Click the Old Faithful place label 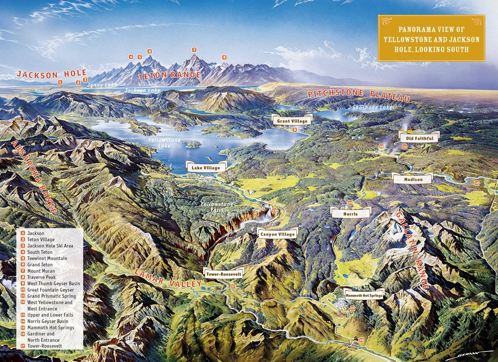(419, 137)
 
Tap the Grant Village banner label (292, 120)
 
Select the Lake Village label (206, 168)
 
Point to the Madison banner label (412, 179)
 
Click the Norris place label (351, 213)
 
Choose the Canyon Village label (277, 233)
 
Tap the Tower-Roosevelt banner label (224, 273)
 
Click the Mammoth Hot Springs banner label (364, 295)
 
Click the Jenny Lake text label (102, 85)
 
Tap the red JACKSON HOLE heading (52, 73)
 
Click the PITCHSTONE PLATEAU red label (358, 94)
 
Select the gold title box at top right (431, 38)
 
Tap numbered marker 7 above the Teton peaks (194, 50)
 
